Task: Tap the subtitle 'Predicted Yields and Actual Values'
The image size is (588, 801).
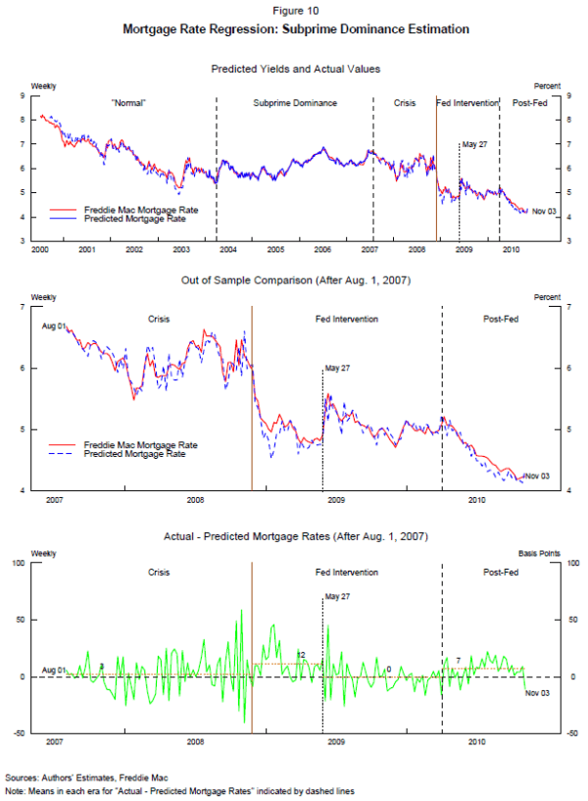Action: [x=295, y=69]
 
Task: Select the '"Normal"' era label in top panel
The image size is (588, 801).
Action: [x=129, y=103]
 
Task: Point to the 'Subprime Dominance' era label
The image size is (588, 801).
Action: [x=295, y=103]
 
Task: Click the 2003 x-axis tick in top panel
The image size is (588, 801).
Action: [x=181, y=251]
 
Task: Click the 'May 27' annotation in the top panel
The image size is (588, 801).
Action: [x=474, y=144]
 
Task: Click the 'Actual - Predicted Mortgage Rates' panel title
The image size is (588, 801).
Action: [x=295, y=535]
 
